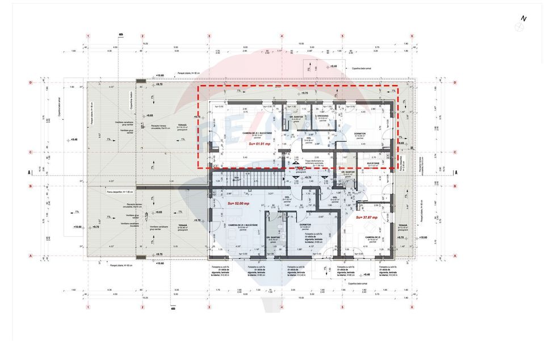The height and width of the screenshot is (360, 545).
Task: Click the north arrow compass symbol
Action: click(x=520, y=26)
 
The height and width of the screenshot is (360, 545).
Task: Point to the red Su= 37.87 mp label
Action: click(x=366, y=217)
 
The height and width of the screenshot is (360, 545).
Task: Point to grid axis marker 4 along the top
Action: click(x=282, y=35)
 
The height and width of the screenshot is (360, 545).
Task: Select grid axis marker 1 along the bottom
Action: click(x=88, y=307)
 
